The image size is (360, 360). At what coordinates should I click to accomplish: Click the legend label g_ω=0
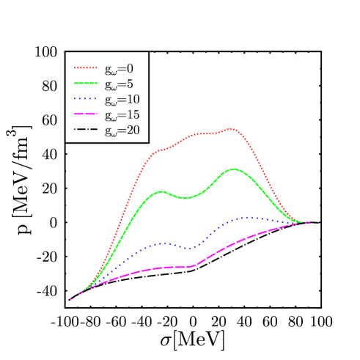click(x=118, y=68)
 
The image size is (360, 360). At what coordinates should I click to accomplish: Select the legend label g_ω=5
click(x=118, y=84)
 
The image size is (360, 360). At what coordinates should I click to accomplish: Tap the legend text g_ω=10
click(x=121, y=100)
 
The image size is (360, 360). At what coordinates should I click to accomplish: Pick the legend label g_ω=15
click(x=121, y=115)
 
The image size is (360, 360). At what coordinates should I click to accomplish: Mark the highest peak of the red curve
click(x=232, y=128)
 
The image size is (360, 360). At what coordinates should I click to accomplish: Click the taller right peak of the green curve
click(x=234, y=169)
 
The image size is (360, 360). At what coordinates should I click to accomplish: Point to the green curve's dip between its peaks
click(x=187, y=197)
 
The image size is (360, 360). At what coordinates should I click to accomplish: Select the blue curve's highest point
click(x=248, y=217)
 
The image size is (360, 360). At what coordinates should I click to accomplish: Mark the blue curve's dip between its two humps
click(x=191, y=249)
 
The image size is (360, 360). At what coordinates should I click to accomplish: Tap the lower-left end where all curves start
click(x=70, y=299)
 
